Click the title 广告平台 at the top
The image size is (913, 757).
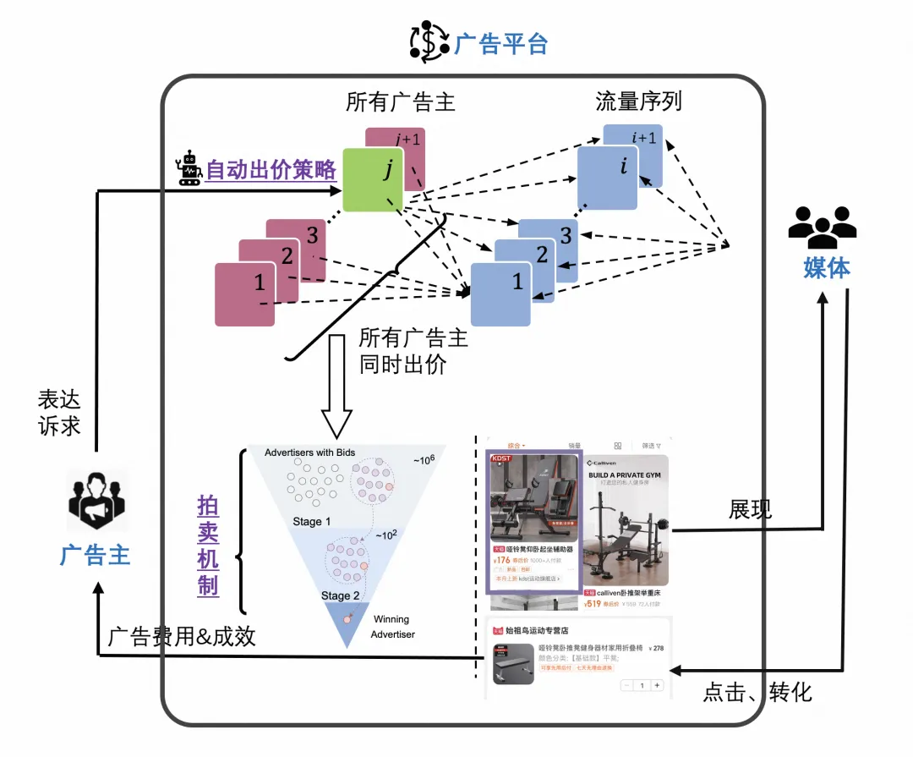pyautogui.click(x=501, y=43)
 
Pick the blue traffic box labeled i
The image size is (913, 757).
pyautogui.click(x=607, y=178)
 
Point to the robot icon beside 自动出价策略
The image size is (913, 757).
pyautogui.click(x=190, y=168)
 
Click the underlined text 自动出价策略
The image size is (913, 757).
pyautogui.click(x=271, y=170)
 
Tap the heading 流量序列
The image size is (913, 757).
pyautogui.click(x=638, y=102)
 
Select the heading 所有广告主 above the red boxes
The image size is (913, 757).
pyautogui.click(x=400, y=102)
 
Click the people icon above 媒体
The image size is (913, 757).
pyautogui.click(x=821, y=223)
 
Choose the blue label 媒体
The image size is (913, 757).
pyautogui.click(x=826, y=268)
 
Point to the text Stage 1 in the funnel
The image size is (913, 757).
pyautogui.click(x=312, y=522)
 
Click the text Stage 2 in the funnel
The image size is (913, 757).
pyautogui.click(x=341, y=595)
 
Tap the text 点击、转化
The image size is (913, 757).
pyautogui.click(x=757, y=693)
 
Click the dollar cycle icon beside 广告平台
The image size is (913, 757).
pyautogui.click(x=429, y=42)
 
